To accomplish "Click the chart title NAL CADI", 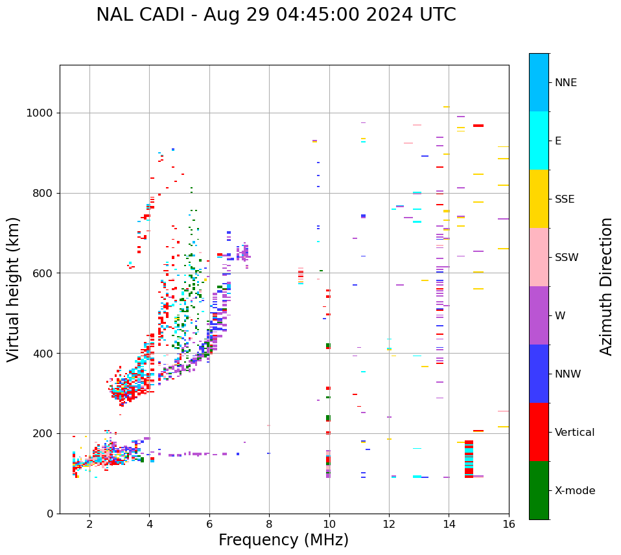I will tap(275, 15).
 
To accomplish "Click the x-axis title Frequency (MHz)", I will tap(283, 540).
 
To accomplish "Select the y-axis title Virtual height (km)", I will tap(14, 289).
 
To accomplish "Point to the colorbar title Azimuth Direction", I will tap(606, 286).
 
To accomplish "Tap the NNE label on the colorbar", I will tap(565, 83).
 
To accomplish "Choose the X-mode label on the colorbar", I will tap(574, 491).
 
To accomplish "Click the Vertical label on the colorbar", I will tap(574, 433).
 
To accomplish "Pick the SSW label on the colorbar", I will tap(567, 258).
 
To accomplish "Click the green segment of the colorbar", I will tap(539, 490).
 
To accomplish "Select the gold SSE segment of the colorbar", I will tap(539, 199).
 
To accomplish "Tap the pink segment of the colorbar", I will tap(539, 257).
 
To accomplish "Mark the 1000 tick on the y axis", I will tap(40, 113).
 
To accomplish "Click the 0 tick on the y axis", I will tap(50, 514).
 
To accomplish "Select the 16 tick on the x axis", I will tap(509, 524).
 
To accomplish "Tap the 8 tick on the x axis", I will tap(269, 524).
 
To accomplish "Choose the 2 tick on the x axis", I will tap(89, 524).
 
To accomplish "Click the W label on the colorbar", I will tap(560, 316).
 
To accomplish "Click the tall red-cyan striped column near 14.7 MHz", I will tap(469, 459).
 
